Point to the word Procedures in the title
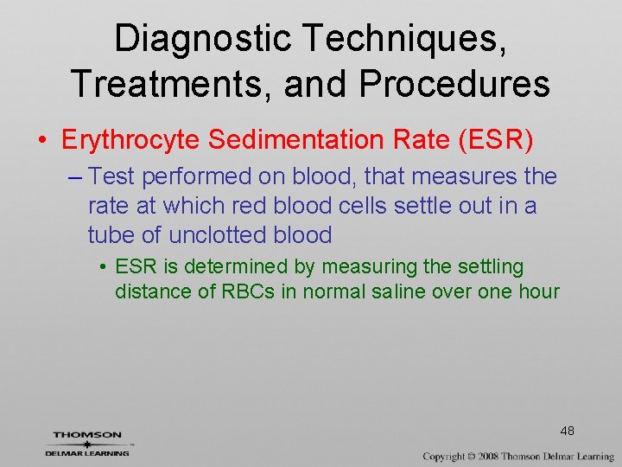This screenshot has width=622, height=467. point(456,84)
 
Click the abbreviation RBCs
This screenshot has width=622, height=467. point(247,291)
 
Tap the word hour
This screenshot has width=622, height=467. point(537,291)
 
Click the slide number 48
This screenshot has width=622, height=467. point(568,431)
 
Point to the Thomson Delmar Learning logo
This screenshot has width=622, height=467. point(87,443)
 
